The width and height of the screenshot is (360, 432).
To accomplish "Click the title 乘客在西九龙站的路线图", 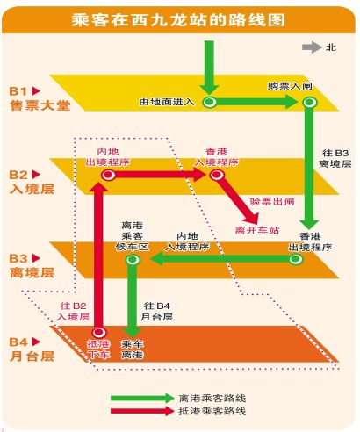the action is (x=178, y=20).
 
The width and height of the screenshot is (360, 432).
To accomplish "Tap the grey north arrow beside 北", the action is (x=312, y=47).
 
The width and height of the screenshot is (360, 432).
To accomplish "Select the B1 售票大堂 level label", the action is (x=40, y=98).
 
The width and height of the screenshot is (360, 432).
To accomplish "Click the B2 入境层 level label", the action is (x=32, y=182).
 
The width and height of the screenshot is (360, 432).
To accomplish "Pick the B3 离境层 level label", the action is (x=32, y=266).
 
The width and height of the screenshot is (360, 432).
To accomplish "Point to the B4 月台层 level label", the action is (x=32, y=349).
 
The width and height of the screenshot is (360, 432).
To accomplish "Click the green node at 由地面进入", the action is (x=210, y=102).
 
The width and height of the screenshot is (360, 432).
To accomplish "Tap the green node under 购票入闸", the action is (x=309, y=102).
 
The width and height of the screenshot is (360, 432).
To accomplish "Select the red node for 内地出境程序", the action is (x=108, y=175).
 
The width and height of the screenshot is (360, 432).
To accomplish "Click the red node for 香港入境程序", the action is (x=217, y=175).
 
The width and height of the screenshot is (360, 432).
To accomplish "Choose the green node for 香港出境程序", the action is (x=295, y=259).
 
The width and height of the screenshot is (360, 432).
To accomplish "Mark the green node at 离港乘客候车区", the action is (x=133, y=259).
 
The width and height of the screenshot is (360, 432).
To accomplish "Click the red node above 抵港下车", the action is (x=99, y=333).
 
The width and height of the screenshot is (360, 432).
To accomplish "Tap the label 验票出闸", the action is (x=272, y=202).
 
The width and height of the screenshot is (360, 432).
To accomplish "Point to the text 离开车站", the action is (x=257, y=230).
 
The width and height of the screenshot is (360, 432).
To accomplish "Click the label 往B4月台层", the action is (x=156, y=312).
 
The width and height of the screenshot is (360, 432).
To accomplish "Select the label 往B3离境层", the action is (x=335, y=158).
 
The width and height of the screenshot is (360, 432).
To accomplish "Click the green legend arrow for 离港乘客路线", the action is (x=142, y=398).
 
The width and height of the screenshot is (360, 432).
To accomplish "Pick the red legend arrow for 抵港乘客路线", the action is (x=142, y=411).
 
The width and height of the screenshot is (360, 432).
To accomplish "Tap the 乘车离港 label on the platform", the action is (x=132, y=349).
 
